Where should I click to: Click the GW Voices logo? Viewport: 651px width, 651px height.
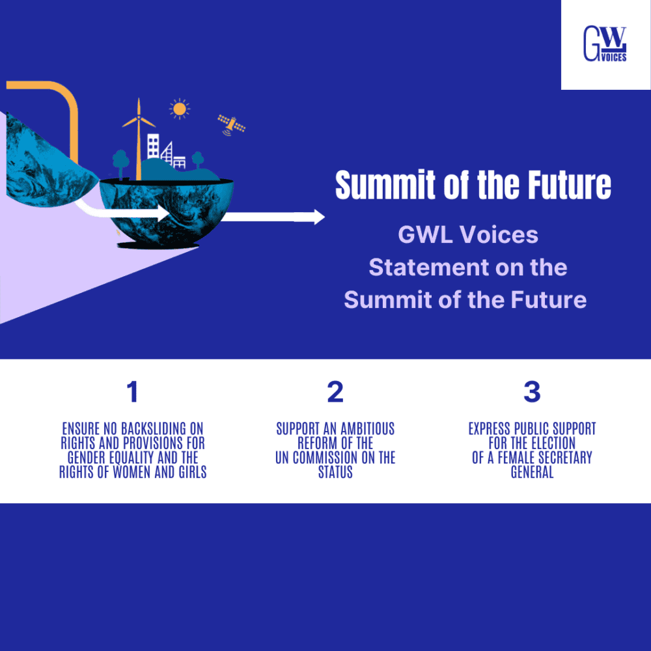point(605,44)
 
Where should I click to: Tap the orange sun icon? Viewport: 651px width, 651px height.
point(179,109)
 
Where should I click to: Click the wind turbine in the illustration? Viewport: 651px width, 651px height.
point(139,137)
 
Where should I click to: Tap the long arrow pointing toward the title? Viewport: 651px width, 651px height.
point(273,217)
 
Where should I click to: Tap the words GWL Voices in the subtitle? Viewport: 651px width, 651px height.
point(468,235)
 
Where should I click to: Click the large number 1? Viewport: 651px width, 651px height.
point(133,392)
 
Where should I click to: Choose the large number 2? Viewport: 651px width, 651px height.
point(335,392)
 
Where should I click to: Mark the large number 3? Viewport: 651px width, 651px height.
point(532,392)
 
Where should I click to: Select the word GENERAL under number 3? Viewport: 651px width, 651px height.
point(532,472)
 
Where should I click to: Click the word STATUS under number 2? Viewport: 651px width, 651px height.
point(335,472)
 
